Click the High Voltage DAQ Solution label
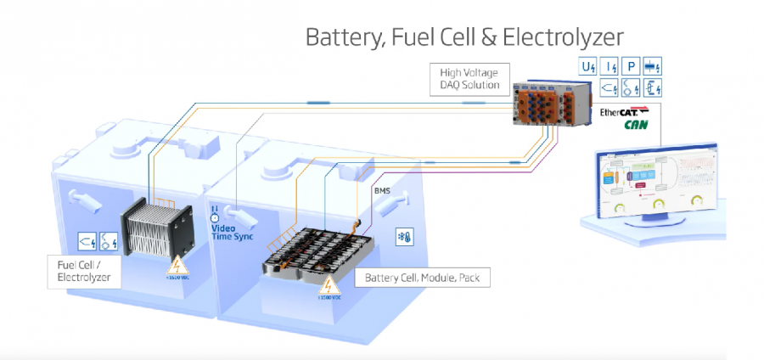(x=466, y=78)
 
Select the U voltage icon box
(x=587, y=66)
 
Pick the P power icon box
(x=630, y=66)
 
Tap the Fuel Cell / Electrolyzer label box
(x=81, y=271)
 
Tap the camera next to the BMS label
(x=404, y=199)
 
